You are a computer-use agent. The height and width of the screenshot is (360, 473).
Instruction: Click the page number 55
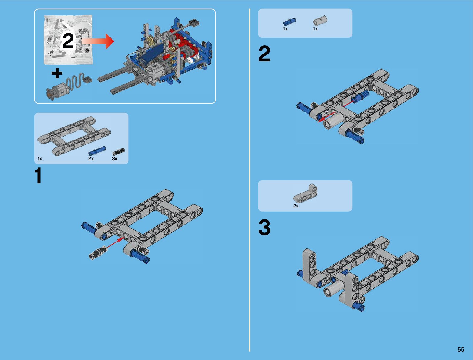pyautogui.click(x=461, y=349)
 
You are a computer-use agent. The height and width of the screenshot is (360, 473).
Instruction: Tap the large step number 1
pyautogui.click(x=39, y=176)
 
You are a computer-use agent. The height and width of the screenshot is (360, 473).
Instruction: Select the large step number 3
pyautogui.click(x=264, y=227)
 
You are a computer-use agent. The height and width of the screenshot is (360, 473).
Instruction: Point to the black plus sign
pyautogui.click(x=57, y=73)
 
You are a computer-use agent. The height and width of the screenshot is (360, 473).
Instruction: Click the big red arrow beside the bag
pyautogui.click(x=98, y=41)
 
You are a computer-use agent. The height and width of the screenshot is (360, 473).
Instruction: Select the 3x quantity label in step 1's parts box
pyautogui.click(x=115, y=159)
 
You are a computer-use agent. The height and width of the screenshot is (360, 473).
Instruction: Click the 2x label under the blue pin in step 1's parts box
pyautogui.click(x=91, y=159)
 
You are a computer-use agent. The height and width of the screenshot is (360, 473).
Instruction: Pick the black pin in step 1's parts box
pyautogui.click(x=118, y=152)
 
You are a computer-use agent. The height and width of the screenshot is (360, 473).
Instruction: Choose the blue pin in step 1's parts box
pyautogui.click(x=97, y=151)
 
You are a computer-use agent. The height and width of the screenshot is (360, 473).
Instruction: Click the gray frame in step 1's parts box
pyautogui.click(x=74, y=136)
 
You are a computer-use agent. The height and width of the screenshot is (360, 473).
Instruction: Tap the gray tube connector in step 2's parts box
pyautogui.click(x=320, y=21)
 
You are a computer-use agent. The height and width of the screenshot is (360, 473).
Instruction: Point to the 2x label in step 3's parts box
pyautogui.click(x=296, y=206)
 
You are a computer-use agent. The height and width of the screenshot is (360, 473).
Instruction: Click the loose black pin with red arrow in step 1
pyautogui.click(x=98, y=252)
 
